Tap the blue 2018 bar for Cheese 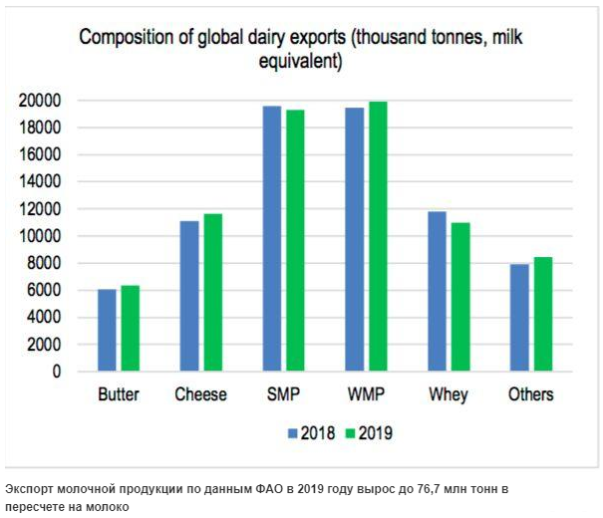click(x=188, y=297)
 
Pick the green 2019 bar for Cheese click(x=212, y=293)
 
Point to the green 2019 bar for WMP click(x=378, y=237)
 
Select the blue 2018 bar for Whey click(x=437, y=292)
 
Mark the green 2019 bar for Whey click(x=459, y=297)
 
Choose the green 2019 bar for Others click(x=542, y=315)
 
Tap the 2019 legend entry click(x=368, y=432)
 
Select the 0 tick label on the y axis click(x=57, y=372)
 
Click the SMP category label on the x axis click(x=282, y=394)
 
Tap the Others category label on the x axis click(x=530, y=394)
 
